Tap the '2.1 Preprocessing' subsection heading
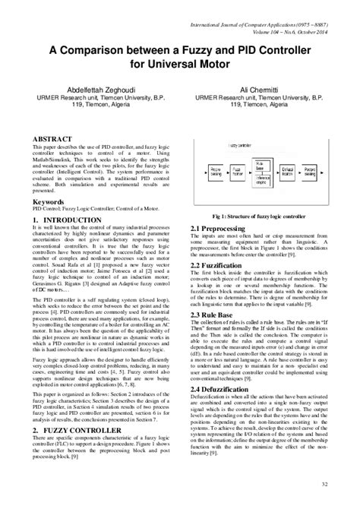point(221,228)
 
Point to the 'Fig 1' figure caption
point(258,217)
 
